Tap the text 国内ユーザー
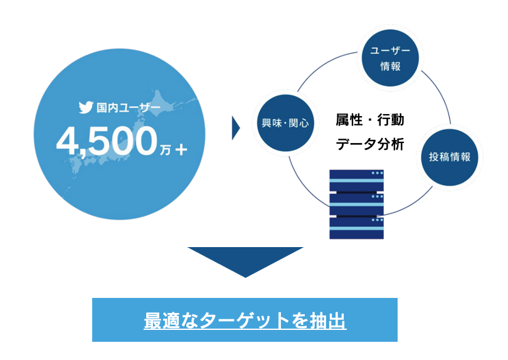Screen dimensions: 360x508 [127, 108]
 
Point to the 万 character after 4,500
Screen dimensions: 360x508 [165, 150]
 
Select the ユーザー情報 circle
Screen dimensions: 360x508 [391, 58]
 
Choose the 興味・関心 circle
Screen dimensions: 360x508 [285, 124]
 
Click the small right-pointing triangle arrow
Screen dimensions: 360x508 [236, 128]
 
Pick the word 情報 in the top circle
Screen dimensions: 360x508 [391, 66]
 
